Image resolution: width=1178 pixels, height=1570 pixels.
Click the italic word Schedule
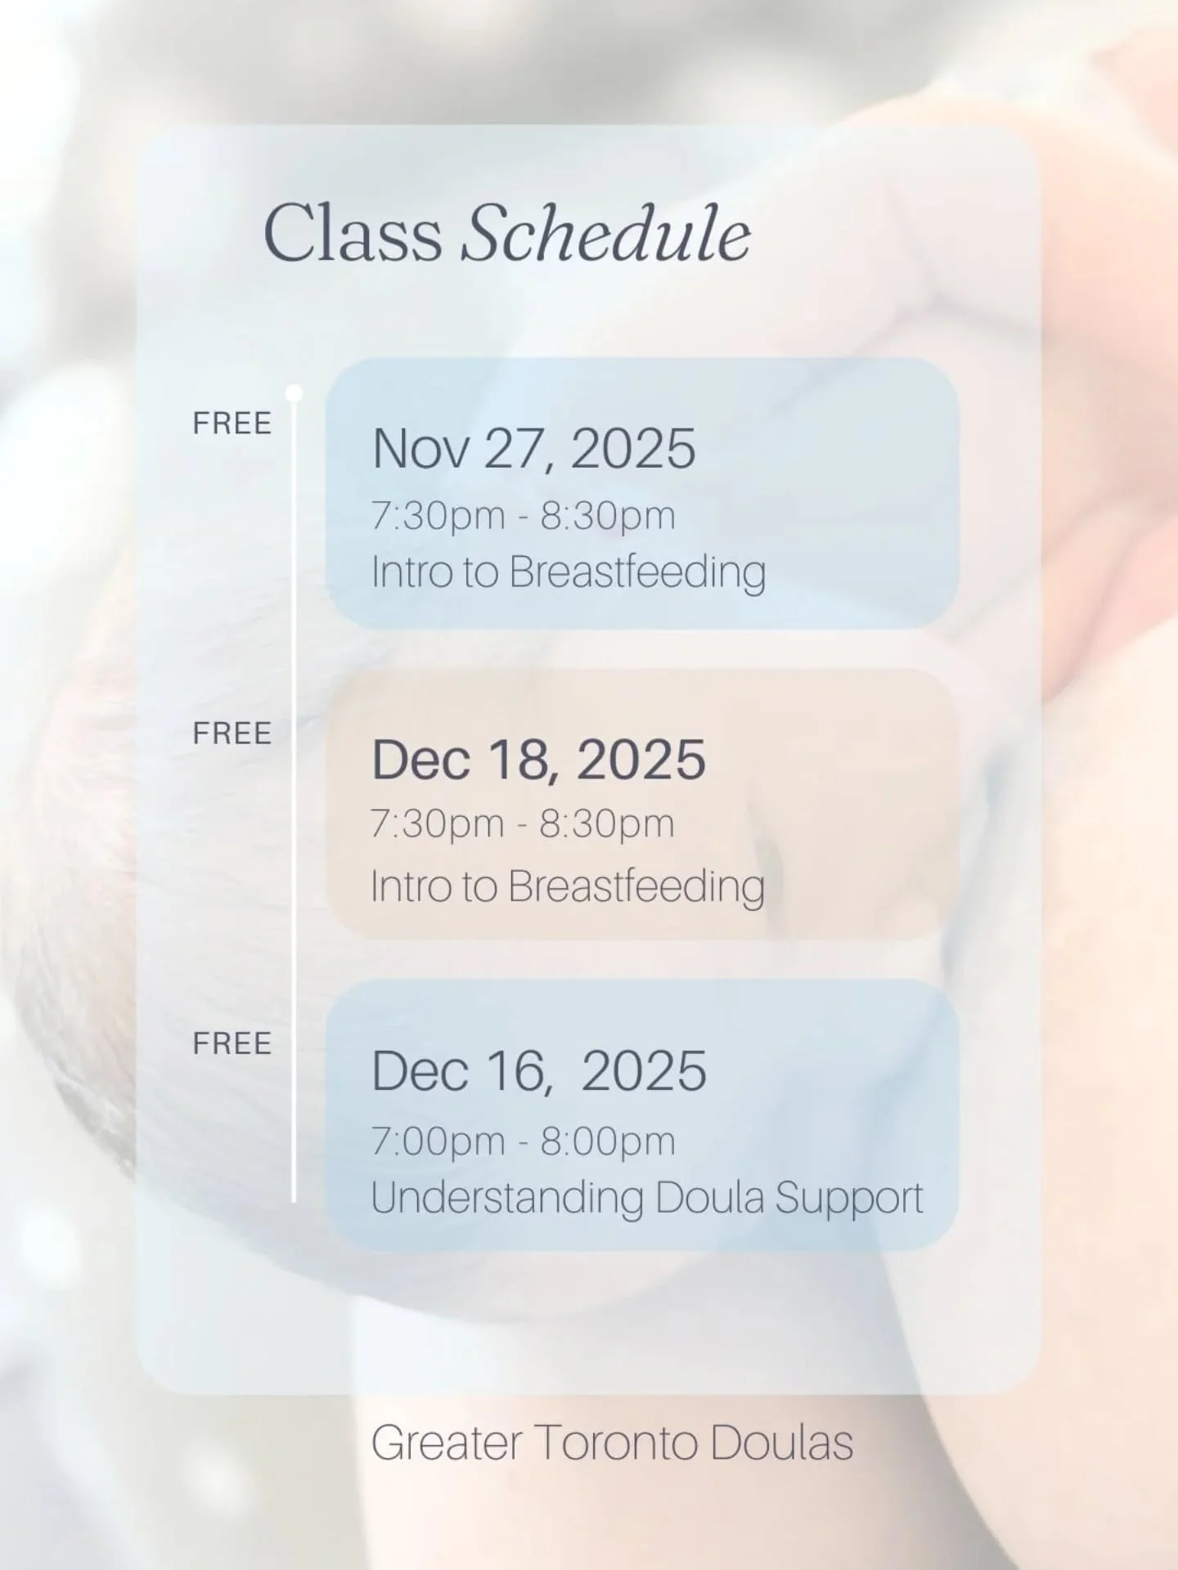(x=605, y=234)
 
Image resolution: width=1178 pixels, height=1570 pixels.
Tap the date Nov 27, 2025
(x=533, y=449)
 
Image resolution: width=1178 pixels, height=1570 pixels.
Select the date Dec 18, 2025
(x=538, y=760)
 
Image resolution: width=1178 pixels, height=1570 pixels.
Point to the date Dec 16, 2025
(x=538, y=1070)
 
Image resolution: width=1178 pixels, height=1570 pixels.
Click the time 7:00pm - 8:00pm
(x=523, y=1142)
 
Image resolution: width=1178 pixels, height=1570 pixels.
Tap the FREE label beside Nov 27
(x=232, y=424)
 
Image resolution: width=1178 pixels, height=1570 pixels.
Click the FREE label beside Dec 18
(x=232, y=733)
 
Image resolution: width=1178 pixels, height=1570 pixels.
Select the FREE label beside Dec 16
(x=232, y=1043)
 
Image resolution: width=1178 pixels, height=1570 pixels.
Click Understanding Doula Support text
(x=646, y=1198)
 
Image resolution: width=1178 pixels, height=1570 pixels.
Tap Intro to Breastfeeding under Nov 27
(x=568, y=572)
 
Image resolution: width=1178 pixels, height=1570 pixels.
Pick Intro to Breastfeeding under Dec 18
(x=567, y=886)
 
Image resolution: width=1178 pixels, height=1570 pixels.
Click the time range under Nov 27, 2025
(x=523, y=516)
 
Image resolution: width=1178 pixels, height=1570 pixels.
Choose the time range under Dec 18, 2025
(x=522, y=823)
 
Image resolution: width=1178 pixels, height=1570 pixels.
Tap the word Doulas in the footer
(x=781, y=1442)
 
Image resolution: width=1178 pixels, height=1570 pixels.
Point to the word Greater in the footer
(x=446, y=1442)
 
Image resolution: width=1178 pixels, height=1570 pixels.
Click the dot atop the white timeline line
(x=294, y=394)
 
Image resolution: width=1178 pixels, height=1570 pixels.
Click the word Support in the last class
(x=848, y=1198)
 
